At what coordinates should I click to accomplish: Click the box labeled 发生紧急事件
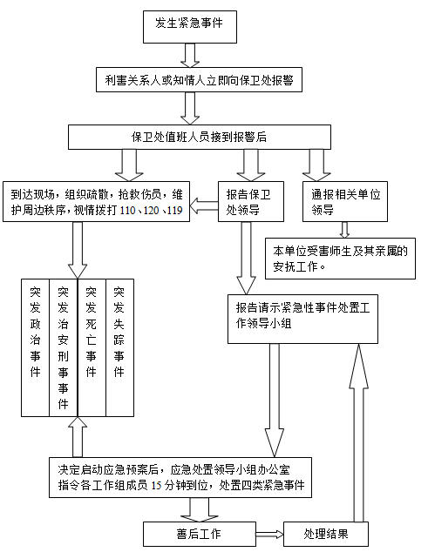(190, 27)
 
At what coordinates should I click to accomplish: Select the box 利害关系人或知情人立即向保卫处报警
(200, 80)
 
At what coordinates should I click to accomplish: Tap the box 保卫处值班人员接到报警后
(200, 138)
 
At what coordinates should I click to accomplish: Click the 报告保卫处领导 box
(251, 201)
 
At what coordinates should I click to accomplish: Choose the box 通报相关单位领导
(345, 201)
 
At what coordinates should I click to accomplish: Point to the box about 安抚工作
(340, 259)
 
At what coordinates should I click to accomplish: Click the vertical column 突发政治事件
(35, 347)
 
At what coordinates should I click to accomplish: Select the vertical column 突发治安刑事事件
(64, 347)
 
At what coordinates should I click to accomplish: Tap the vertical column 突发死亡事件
(92, 347)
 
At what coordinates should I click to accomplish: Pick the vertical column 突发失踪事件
(120, 347)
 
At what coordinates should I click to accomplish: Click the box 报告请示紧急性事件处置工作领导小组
(302, 319)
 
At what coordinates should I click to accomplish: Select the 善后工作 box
(200, 534)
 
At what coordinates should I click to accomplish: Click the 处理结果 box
(326, 534)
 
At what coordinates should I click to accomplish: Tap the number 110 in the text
(127, 211)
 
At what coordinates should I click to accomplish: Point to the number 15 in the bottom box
(156, 486)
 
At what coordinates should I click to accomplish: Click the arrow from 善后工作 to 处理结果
(269, 535)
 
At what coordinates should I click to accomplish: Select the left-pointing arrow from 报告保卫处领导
(204, 205)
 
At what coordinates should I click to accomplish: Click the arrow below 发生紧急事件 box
(190, 55)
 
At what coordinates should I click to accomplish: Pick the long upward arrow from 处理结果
(359, 433)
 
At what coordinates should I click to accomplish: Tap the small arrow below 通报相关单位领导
(345, 230)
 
